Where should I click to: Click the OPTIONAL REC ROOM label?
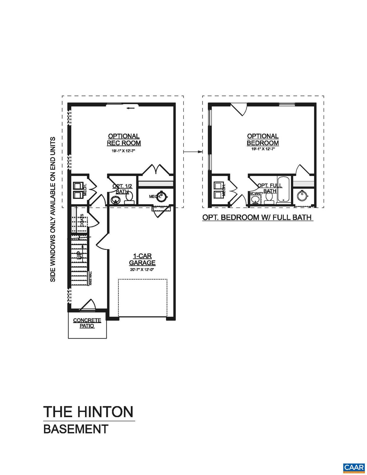coord(124,139)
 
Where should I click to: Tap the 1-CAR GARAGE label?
coord(142,259)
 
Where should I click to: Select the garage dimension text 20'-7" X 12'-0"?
coord(142,270)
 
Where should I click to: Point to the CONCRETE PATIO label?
coord(87,323)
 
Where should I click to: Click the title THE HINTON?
coord(88,412)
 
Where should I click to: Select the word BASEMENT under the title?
coord(76,429)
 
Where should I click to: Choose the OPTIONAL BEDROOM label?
coord(263,139)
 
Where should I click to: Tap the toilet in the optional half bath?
coord(129,198)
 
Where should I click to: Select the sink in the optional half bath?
coord(116,200)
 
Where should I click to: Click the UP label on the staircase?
coord(79,255)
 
